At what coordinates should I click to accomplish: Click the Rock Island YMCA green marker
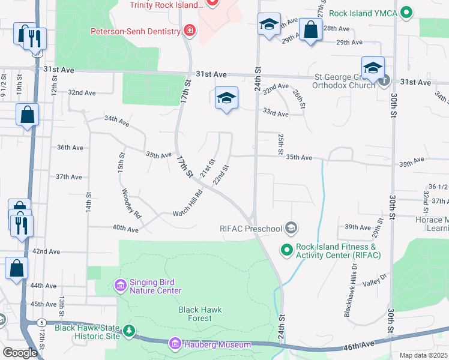point(407,11)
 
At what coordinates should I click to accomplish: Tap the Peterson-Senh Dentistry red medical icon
point(190,31)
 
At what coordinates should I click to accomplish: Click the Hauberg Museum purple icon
point(175,344)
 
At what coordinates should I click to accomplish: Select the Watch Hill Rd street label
point(188,203)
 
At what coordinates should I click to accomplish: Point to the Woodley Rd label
point(131,203)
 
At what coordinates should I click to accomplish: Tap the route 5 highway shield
point(41,323)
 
